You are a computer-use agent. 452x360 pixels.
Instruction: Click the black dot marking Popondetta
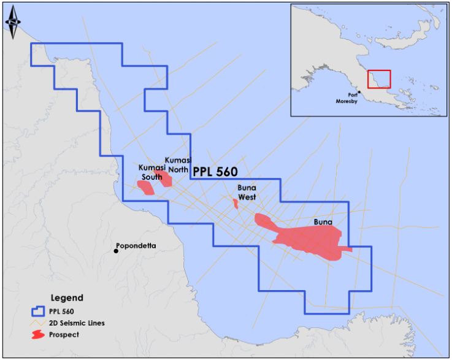116,250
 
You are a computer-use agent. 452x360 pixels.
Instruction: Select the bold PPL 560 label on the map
215,172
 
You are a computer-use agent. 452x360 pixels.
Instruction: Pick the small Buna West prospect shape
236,203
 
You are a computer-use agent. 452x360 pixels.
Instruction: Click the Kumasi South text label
151,172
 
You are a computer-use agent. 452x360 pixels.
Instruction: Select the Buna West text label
247,193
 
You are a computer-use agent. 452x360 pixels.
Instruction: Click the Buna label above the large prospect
323,221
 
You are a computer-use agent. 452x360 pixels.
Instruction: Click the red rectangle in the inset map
378,79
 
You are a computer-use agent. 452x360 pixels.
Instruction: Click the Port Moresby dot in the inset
359,93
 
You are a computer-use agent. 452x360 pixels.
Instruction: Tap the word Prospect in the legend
66,335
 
